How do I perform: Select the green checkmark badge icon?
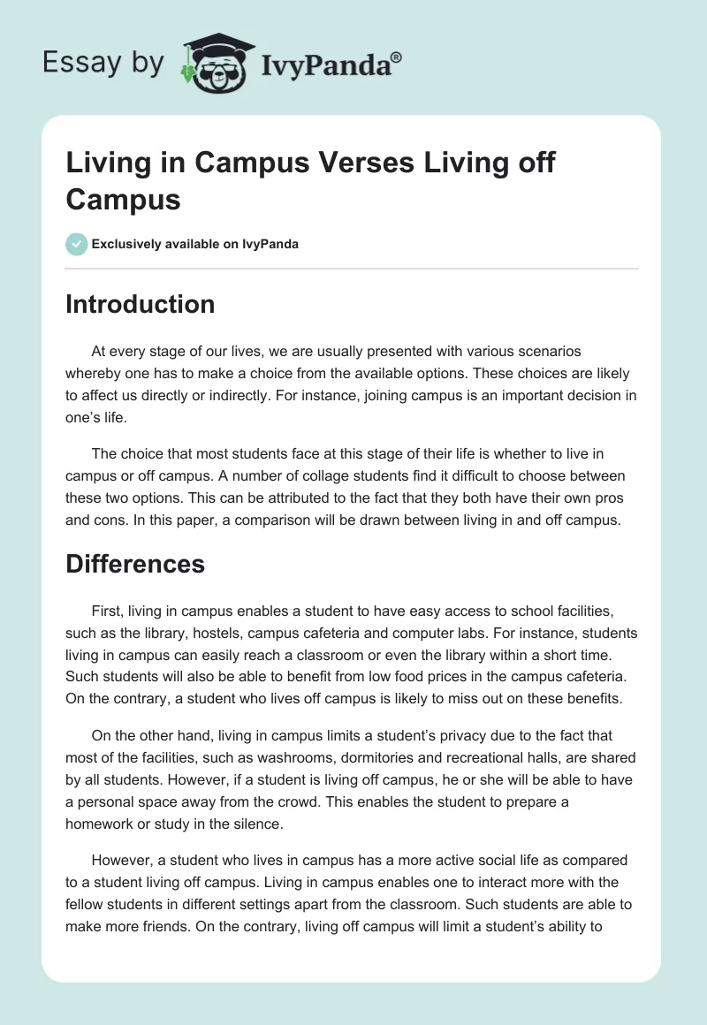[77, 244]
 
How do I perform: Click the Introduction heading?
[141, 304]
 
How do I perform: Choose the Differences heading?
[135, 564]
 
